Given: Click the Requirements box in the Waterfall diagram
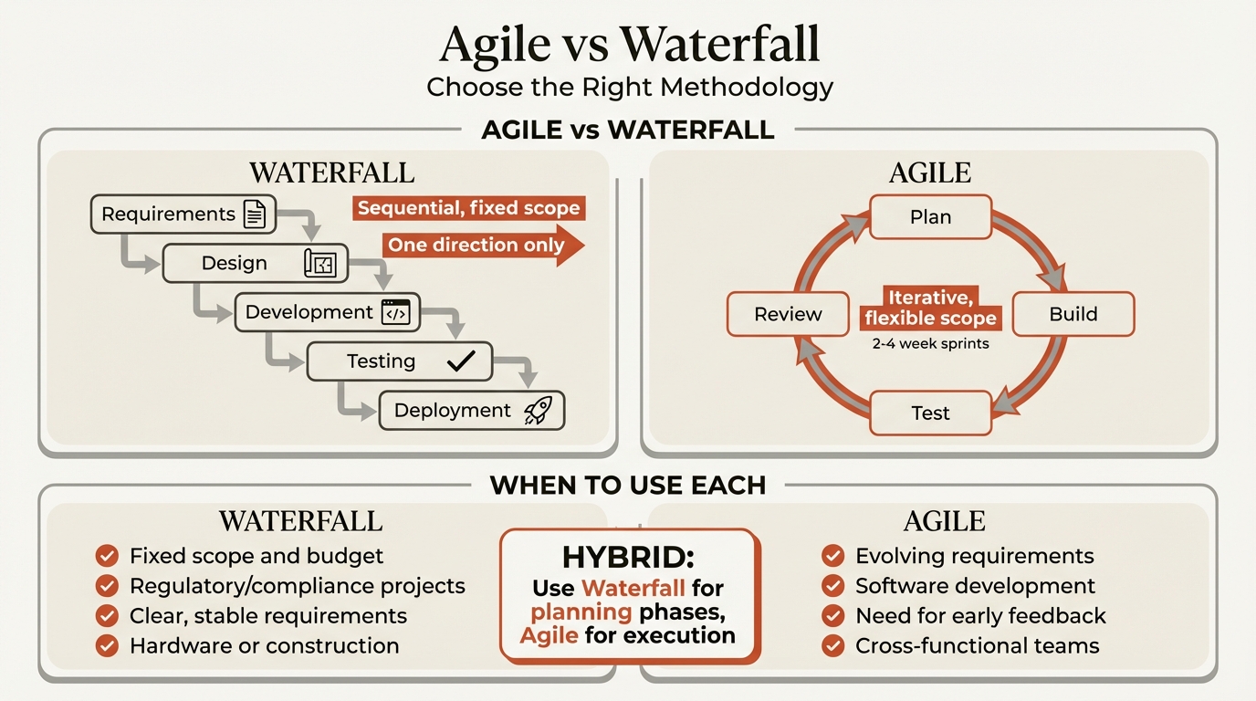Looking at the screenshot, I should click(x=169, y=214).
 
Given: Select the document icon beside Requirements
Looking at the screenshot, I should click(x=255, y=214).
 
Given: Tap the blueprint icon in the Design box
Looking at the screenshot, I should click(x=319, y=264).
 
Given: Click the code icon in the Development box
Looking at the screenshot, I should click(x=396, y=313).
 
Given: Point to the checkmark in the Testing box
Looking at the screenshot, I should click(x=460, y=361).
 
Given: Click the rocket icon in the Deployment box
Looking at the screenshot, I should click(x=538, y=411).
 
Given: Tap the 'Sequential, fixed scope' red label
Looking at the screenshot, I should click(x=468, y=208).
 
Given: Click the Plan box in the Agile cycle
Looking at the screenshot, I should click(x=930, y=217).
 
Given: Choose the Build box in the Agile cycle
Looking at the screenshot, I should click(x=1073, y=314).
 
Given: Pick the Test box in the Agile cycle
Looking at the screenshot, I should click(x=930, y=413).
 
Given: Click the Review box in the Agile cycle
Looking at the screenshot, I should click(x=788, y=314).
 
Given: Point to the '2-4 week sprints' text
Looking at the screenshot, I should click(x=930, y=344).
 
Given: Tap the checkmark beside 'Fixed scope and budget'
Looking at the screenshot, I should click(x=107, y=556).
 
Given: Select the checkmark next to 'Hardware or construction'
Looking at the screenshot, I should click(x=107, y=646).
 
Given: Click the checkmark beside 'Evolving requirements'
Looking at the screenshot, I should click(x=832, y=556).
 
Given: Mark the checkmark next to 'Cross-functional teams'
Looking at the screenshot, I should click(x=832, y=646).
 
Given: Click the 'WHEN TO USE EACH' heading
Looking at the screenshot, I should click(x=628, y=485).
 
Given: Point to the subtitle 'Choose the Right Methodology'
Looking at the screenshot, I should click(x=630, y=88).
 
